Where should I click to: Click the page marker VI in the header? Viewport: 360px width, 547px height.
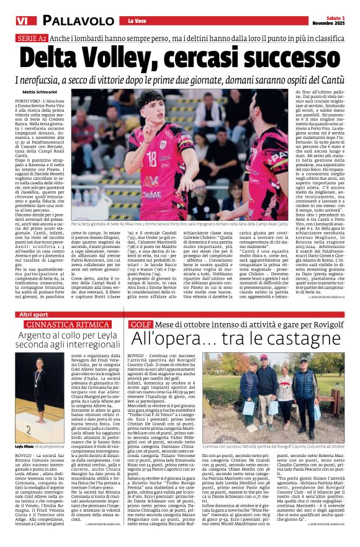click(22, 21)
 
